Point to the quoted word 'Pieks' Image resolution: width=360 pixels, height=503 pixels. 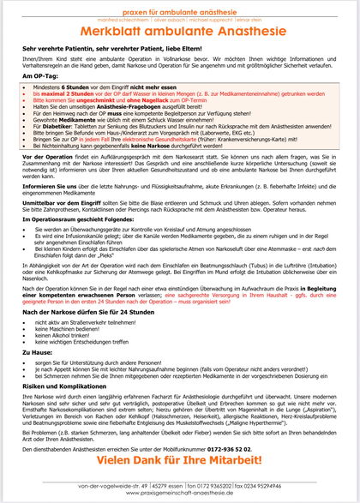pyautogui.click(x=128, y=257)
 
